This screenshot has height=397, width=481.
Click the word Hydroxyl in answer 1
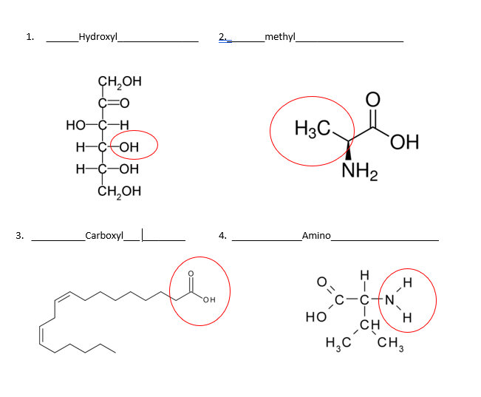(x=98, y=37)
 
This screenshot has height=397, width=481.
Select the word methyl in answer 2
(x=280, y=37)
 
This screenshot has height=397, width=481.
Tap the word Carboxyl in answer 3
(x=104, y=236)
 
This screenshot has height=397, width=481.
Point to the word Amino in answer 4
(x=316, y=236)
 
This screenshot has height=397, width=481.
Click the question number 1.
(x=30, y=37)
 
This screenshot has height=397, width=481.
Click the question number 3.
(x=20, y=236)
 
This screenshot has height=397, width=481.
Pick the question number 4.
(x=222, y=236)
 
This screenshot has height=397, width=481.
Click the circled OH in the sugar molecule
(x=129, y=147)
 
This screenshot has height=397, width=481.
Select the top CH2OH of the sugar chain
(x=120, y=81)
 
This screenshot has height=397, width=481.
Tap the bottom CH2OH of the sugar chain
(x=120, y=191)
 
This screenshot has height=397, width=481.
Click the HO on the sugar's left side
(x=76, y=125)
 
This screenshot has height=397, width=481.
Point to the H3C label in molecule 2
(x=313, y=129)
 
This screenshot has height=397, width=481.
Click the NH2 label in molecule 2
(x=360, y=171)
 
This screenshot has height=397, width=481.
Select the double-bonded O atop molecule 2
(x=373, y=100)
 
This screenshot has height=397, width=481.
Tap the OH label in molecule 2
(x=405, y=142)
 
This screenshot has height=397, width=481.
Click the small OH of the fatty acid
(x=209, y=299)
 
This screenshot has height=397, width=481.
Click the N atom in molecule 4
(x=389, y=299)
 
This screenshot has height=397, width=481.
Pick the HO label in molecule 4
(x=316, y=317)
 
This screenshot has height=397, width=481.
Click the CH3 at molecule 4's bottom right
(x=391, y=342)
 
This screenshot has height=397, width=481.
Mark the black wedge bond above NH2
(x=348, y=151)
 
